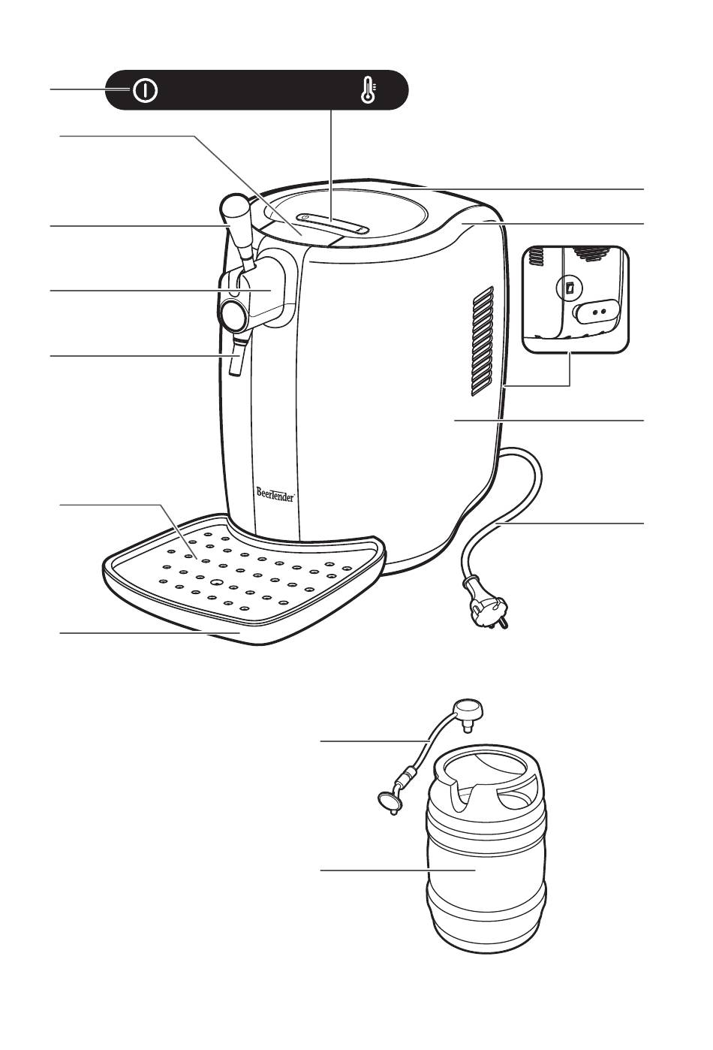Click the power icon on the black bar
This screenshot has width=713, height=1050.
(145, 90)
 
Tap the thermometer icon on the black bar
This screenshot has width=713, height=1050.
(369, 90)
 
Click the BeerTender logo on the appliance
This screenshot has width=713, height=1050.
(276, 494)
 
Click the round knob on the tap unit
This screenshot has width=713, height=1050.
(233, 315)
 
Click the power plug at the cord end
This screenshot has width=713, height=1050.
(486, 603)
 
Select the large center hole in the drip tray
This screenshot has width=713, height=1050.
(216, 582)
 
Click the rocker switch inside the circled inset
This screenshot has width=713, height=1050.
(569, 288)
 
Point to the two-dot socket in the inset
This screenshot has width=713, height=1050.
(597, 311)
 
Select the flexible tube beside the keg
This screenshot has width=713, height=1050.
(427, 742)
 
